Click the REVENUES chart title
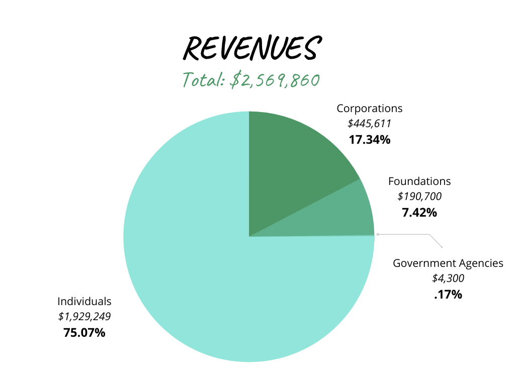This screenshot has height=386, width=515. pos(250,49)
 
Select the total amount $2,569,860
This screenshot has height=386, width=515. pos(275,80)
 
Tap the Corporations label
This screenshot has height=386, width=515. pos(369,109)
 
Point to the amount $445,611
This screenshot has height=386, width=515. pos(369,124)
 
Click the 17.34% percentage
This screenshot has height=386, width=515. pos(369,140)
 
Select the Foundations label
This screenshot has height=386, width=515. pos(419,181)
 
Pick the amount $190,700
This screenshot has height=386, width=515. pos(419,197)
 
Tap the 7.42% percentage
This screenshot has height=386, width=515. pos(419,213)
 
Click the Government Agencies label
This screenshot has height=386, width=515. pos(448,263)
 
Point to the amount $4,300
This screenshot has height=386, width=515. pos(448,278)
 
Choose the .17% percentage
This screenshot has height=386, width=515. pos(448,295)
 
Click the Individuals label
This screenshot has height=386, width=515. pos(84,302)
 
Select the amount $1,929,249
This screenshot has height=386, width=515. pos(84,317)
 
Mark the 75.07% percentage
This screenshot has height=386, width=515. pos(84,333)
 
